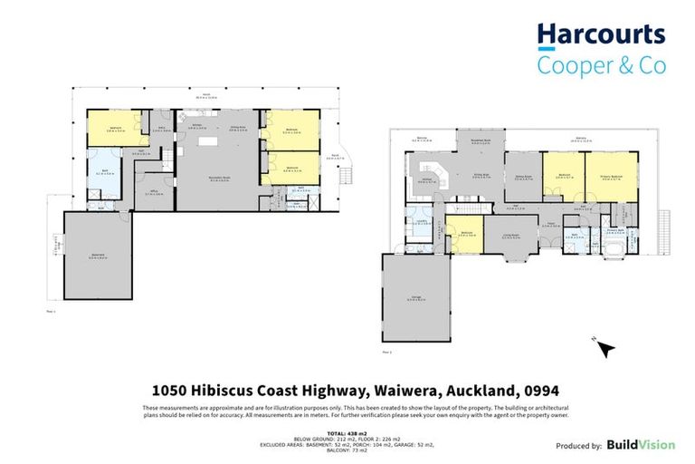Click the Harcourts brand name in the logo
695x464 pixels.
pos(601,35)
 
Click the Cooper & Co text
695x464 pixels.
pos(601,64)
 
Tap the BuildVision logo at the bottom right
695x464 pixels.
pos(640,445)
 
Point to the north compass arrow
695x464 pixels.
pos(605,347)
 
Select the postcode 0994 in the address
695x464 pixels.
pos(546,391)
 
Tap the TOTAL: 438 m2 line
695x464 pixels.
pos(348,434)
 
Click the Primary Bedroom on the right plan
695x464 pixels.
pos(604,178)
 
